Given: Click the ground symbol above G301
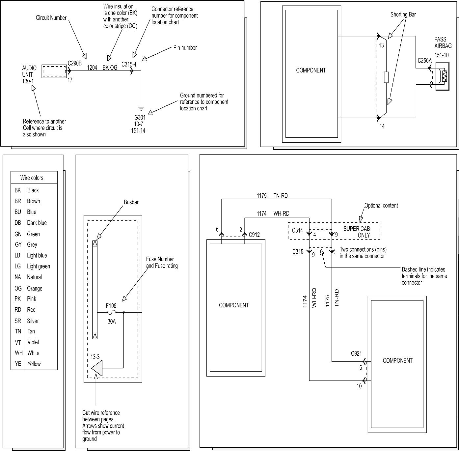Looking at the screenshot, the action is (141, 109).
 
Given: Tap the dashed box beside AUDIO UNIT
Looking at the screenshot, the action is (54, 71).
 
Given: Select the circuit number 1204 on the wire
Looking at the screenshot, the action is (92, 68).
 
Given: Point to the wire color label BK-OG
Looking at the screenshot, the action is (110, 68).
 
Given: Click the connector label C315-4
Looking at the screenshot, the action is (129, 64).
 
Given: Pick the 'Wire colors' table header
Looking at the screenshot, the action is (32, 178).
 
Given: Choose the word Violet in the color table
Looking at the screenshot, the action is (33, 342).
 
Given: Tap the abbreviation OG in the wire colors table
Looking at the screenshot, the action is (18, 289).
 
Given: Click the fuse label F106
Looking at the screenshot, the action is (111, 306).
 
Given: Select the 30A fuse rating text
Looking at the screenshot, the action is (112, 321).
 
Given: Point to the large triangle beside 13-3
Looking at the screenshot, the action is (97, 368).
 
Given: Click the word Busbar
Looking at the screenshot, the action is (131, 202).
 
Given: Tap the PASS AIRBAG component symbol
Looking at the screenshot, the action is (442, 76).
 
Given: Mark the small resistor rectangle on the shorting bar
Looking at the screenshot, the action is (386, 77).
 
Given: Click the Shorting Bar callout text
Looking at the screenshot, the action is (403, 14).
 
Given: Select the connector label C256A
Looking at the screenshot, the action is (424, 61).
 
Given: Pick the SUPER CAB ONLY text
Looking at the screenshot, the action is (357, 232).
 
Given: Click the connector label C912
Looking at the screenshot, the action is (254, 235).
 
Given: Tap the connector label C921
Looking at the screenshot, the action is (356, 353).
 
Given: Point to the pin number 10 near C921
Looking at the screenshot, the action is (359, 386).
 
